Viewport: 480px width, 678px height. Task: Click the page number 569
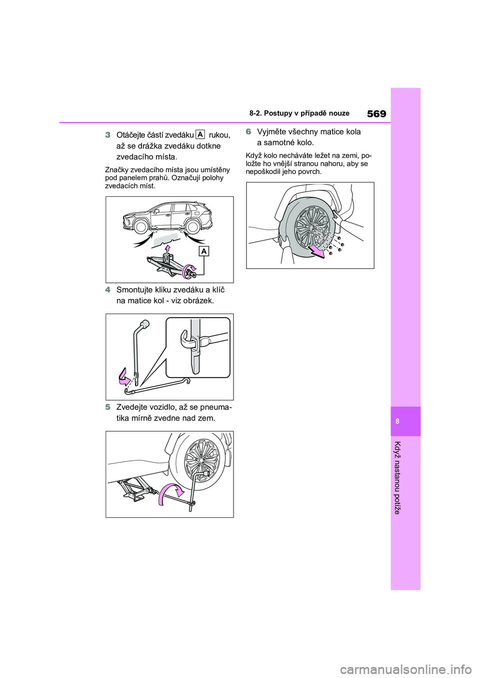376,114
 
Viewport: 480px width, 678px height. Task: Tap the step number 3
107,134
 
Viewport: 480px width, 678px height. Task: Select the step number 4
107,290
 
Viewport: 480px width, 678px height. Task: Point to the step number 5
107,407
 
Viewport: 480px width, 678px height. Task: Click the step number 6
248,132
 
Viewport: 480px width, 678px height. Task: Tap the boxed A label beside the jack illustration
204,251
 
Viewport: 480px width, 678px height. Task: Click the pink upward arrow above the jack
167,248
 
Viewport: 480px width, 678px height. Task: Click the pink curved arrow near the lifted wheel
171,494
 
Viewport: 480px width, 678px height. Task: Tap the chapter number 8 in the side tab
405,421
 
